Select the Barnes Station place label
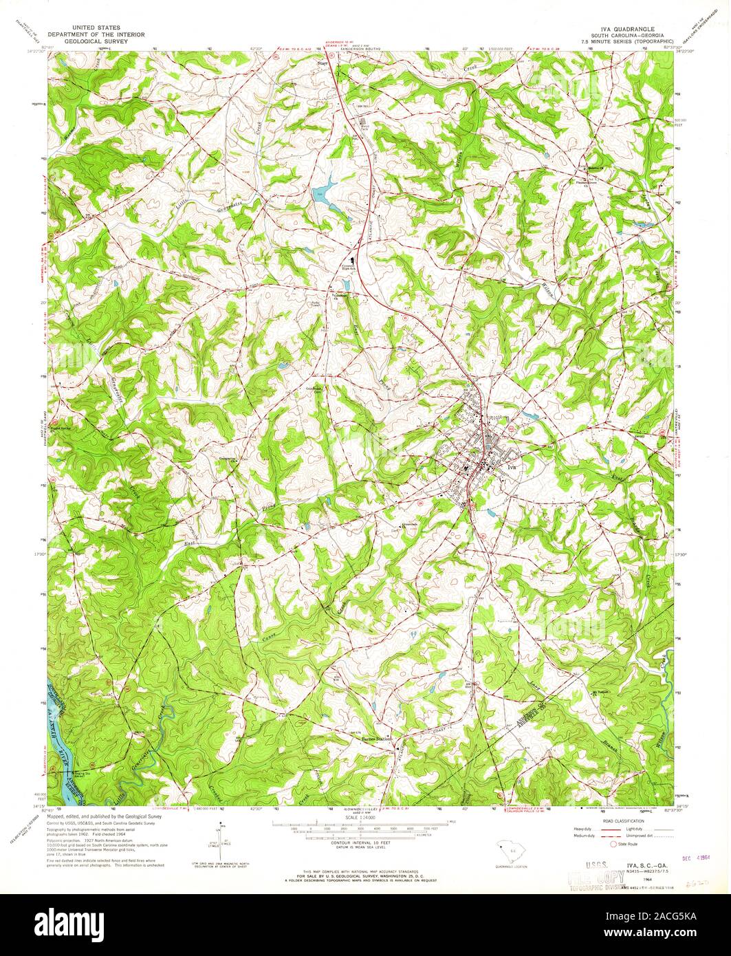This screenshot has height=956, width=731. pos(376,739)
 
